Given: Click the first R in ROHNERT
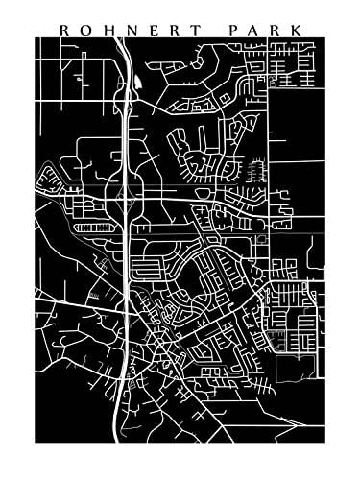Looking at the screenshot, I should [x=64, y=30].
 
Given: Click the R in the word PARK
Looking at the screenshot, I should [x=276, y=30].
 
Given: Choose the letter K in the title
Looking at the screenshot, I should [x=297, y=30].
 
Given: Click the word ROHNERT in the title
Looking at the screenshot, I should [x=131, y=30].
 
